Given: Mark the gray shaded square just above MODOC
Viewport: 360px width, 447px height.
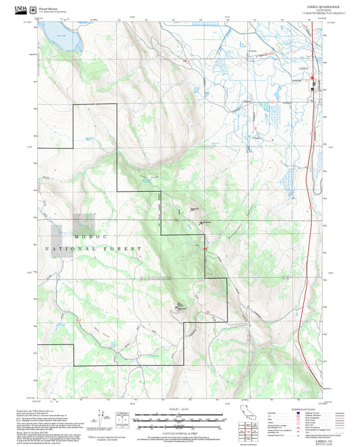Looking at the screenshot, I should pos(83,224).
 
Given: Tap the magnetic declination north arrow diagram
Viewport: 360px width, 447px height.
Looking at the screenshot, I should pos(102,419).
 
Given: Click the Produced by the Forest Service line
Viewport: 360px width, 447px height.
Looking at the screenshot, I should pos(34,410).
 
